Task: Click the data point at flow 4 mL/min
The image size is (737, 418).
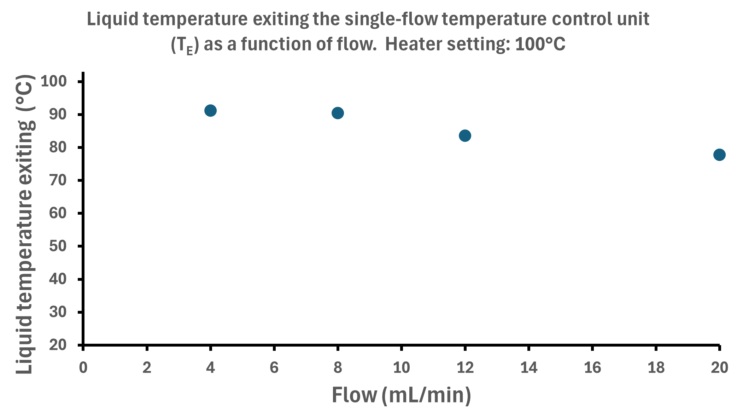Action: click(210, 111)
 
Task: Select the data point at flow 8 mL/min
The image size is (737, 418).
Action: click(338, 113)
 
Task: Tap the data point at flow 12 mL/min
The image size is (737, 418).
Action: click(465, 136)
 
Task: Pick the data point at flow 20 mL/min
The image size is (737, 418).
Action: click(719, 155)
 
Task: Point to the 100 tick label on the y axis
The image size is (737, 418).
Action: click(54, 81)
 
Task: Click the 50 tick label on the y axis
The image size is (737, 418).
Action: click(58, 246)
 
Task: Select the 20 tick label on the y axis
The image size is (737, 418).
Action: click(58, 345)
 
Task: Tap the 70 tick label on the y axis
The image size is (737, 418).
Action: click(58, 180)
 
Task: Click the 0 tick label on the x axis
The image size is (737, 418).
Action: click(83, 368)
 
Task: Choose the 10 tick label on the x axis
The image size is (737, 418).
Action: click(402, 368)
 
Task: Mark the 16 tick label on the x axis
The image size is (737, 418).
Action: click(592, 368)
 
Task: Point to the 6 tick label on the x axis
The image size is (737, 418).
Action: click(274, 368)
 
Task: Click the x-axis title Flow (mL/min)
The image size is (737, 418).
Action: click(401, 395)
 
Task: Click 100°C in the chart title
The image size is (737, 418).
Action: click(540, 45)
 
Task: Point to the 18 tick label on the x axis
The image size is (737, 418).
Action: click(656, 368)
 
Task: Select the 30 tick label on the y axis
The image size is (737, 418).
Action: click(58, 312)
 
